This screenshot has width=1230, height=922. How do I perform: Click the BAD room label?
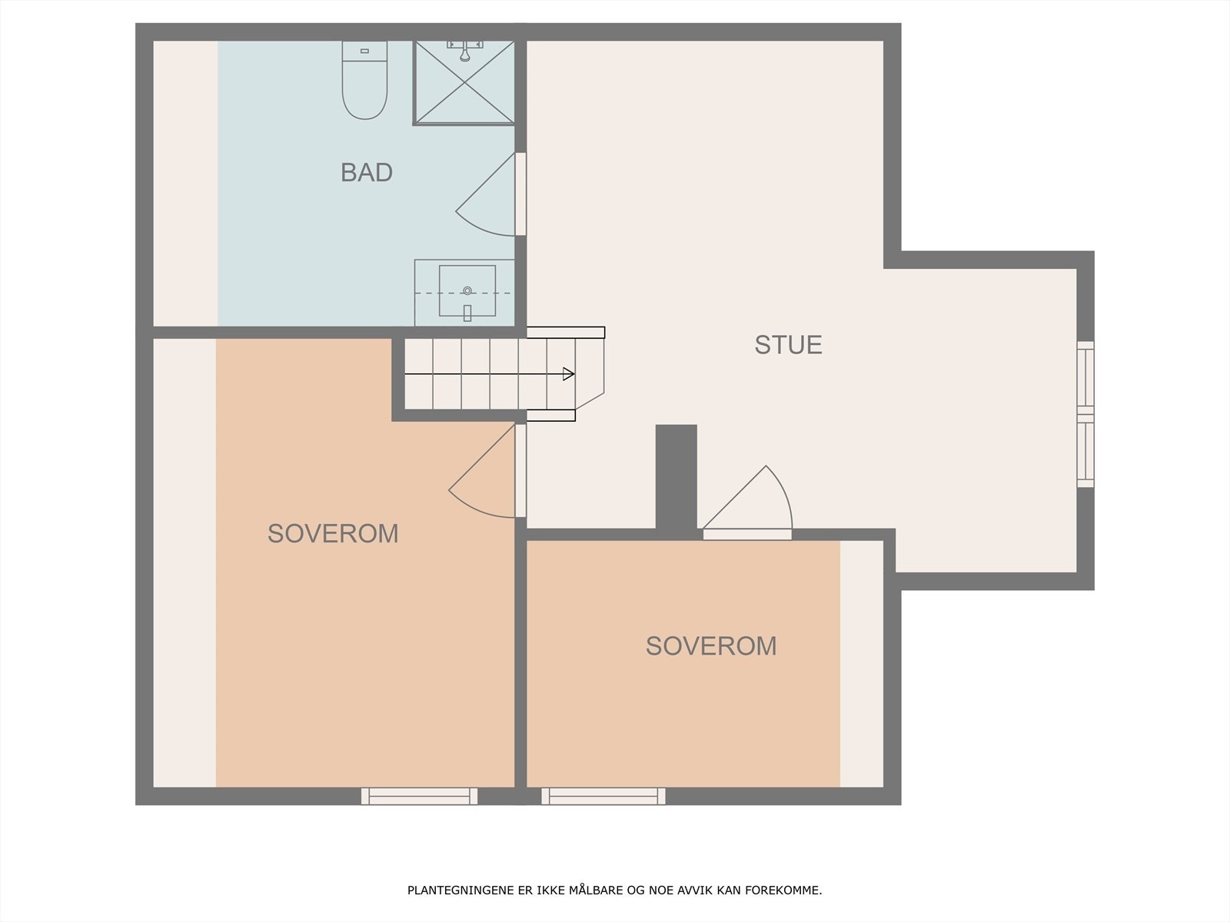click(367, 172)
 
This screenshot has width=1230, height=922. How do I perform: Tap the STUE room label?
click(788, 345)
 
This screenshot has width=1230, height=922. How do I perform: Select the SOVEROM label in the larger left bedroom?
click(333, 533)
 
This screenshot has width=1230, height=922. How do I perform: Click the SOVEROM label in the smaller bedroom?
click(711, 646)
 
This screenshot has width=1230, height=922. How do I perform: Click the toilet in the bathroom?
click(364, 85)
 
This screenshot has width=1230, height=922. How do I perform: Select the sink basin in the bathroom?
click(467, 291)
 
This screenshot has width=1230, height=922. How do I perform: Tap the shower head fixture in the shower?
click(464, 53)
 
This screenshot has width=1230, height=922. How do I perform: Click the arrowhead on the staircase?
click(569, 374)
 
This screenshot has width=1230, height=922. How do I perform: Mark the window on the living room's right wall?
click(1085, 414)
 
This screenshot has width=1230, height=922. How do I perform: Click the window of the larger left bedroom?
click(419, 796)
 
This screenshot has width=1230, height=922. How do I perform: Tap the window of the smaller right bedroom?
click(603, 796)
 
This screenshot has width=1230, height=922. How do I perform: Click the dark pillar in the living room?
click(676, 476)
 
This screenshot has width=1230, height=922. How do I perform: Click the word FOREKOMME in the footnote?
click(790, 891)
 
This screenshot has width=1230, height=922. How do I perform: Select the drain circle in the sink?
click(467, 290)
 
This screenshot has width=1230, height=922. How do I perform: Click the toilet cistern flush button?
click(364, 51)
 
